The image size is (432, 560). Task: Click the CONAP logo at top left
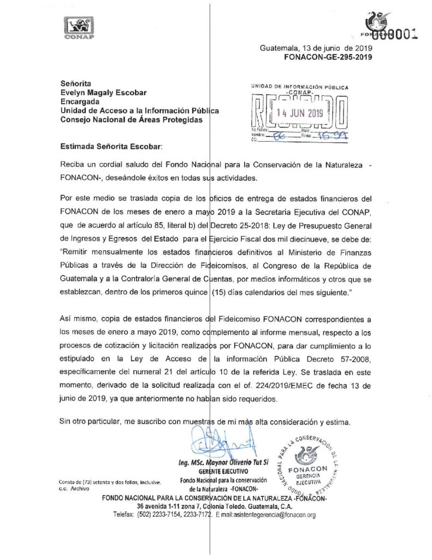tap(79, 28)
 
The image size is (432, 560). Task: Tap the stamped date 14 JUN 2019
tap(300, 114)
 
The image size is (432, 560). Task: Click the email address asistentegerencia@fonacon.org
tap(265, 515)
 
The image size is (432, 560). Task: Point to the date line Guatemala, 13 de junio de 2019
tap(316, 48)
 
